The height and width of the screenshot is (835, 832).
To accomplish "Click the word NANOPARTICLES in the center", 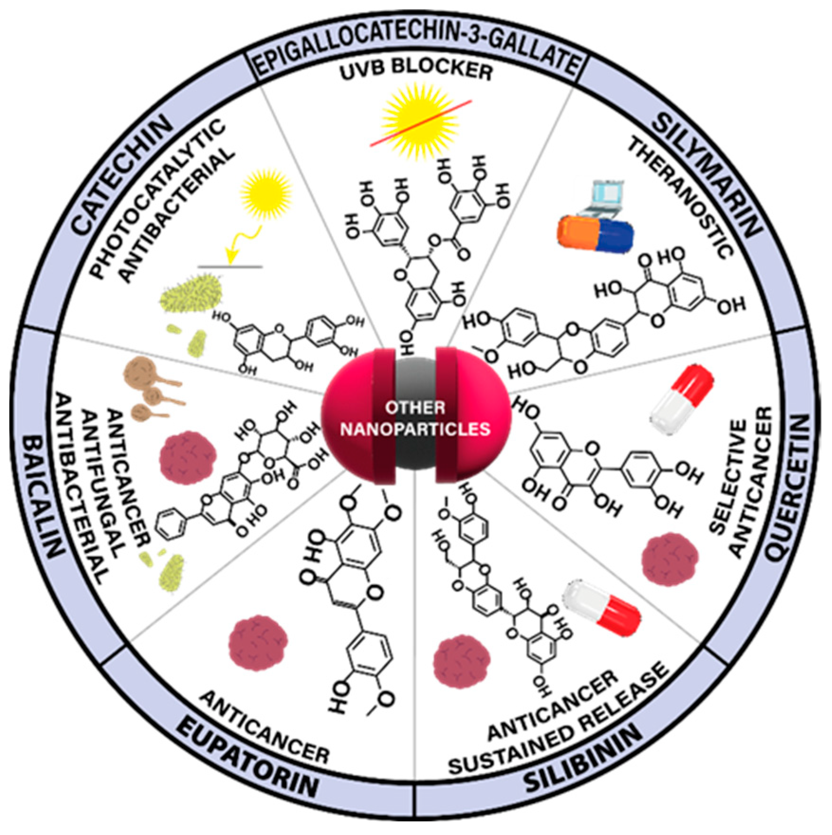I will pos(415,429).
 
